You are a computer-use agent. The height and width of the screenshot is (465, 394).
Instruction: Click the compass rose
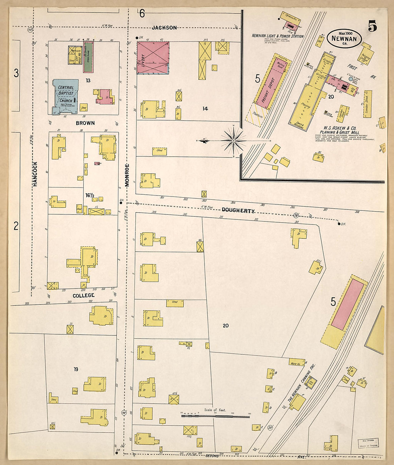click(x=233, y=141)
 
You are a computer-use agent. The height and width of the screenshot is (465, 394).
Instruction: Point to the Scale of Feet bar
click(x=215, y=416)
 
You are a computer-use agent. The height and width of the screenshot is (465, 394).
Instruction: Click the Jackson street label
click(x=164, y=28)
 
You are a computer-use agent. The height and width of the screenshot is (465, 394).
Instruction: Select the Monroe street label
click(x=127, y=175)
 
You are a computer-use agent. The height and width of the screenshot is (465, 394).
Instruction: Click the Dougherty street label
click(x=238, y=210)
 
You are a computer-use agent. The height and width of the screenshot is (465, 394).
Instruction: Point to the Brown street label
click(x=85, y=123)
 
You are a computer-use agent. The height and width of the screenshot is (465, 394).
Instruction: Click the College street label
click(x=83, y=295)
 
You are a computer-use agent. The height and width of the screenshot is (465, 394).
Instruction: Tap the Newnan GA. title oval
click(x=344, y=38)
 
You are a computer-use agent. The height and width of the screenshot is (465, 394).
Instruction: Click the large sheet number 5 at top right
click(x=372, y=26)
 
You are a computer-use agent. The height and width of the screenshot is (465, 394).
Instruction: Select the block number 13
click(x=88, y=80)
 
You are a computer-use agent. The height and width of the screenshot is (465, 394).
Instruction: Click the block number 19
click(x=76, y=369)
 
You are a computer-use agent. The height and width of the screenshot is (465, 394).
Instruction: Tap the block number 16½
click(x=90, y=195)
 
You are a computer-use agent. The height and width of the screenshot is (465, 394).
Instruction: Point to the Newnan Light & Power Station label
click(x=277, y=36)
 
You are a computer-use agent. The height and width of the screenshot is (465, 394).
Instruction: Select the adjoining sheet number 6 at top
click(x=142, y=14)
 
